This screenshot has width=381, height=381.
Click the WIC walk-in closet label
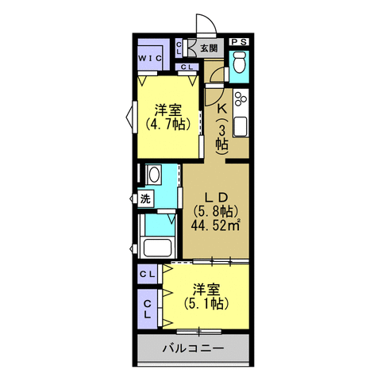150,59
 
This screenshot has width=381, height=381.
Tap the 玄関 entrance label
209,48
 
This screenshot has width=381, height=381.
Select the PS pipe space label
239,42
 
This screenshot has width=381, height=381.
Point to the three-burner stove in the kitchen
241,100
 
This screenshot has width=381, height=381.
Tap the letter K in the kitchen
222,109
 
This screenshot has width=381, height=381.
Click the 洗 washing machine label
145,198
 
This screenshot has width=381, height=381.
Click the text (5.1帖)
205,302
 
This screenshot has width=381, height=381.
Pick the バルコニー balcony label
193,348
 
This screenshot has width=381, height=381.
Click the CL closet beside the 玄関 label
179,49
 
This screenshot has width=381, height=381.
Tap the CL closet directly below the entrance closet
187,67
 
